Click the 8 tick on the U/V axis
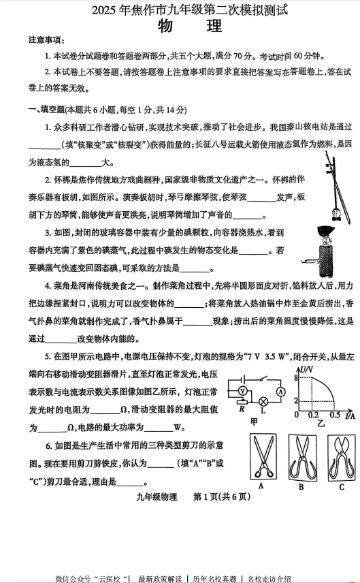pyautogui.click(x=297, y=378)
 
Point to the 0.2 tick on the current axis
pyautogui.click(x=314, y=415)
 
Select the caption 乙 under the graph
pyautogui.click(x=321, y=423)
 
